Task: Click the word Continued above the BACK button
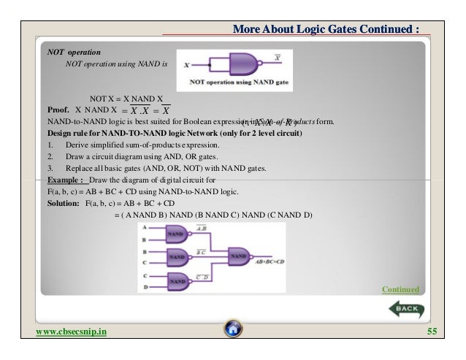401,290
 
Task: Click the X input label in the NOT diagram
188,65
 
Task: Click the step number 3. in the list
50,167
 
